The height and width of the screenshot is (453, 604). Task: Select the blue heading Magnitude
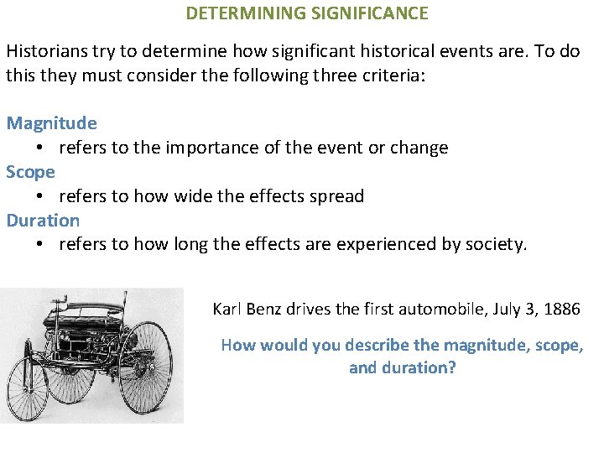pyautogui.click(x=52, y=123)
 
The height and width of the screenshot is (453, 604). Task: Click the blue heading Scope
pyautogui.click(x=31, y=172)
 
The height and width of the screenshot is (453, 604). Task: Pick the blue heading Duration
pyautogui.click(x=44, y=221)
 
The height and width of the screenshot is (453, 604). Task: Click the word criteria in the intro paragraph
pyautogui.click(x=396, y=75)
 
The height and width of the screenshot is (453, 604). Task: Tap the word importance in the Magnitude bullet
pyautogui.click(x=207, y=148)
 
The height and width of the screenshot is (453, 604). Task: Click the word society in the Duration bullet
pyautogui.click(x=498, y=245)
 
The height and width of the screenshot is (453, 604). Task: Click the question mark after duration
pyautogui.click(x=452, y=367)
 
